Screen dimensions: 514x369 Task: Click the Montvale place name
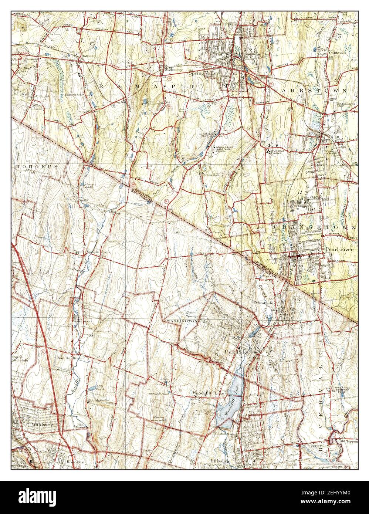pos(264,302)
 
